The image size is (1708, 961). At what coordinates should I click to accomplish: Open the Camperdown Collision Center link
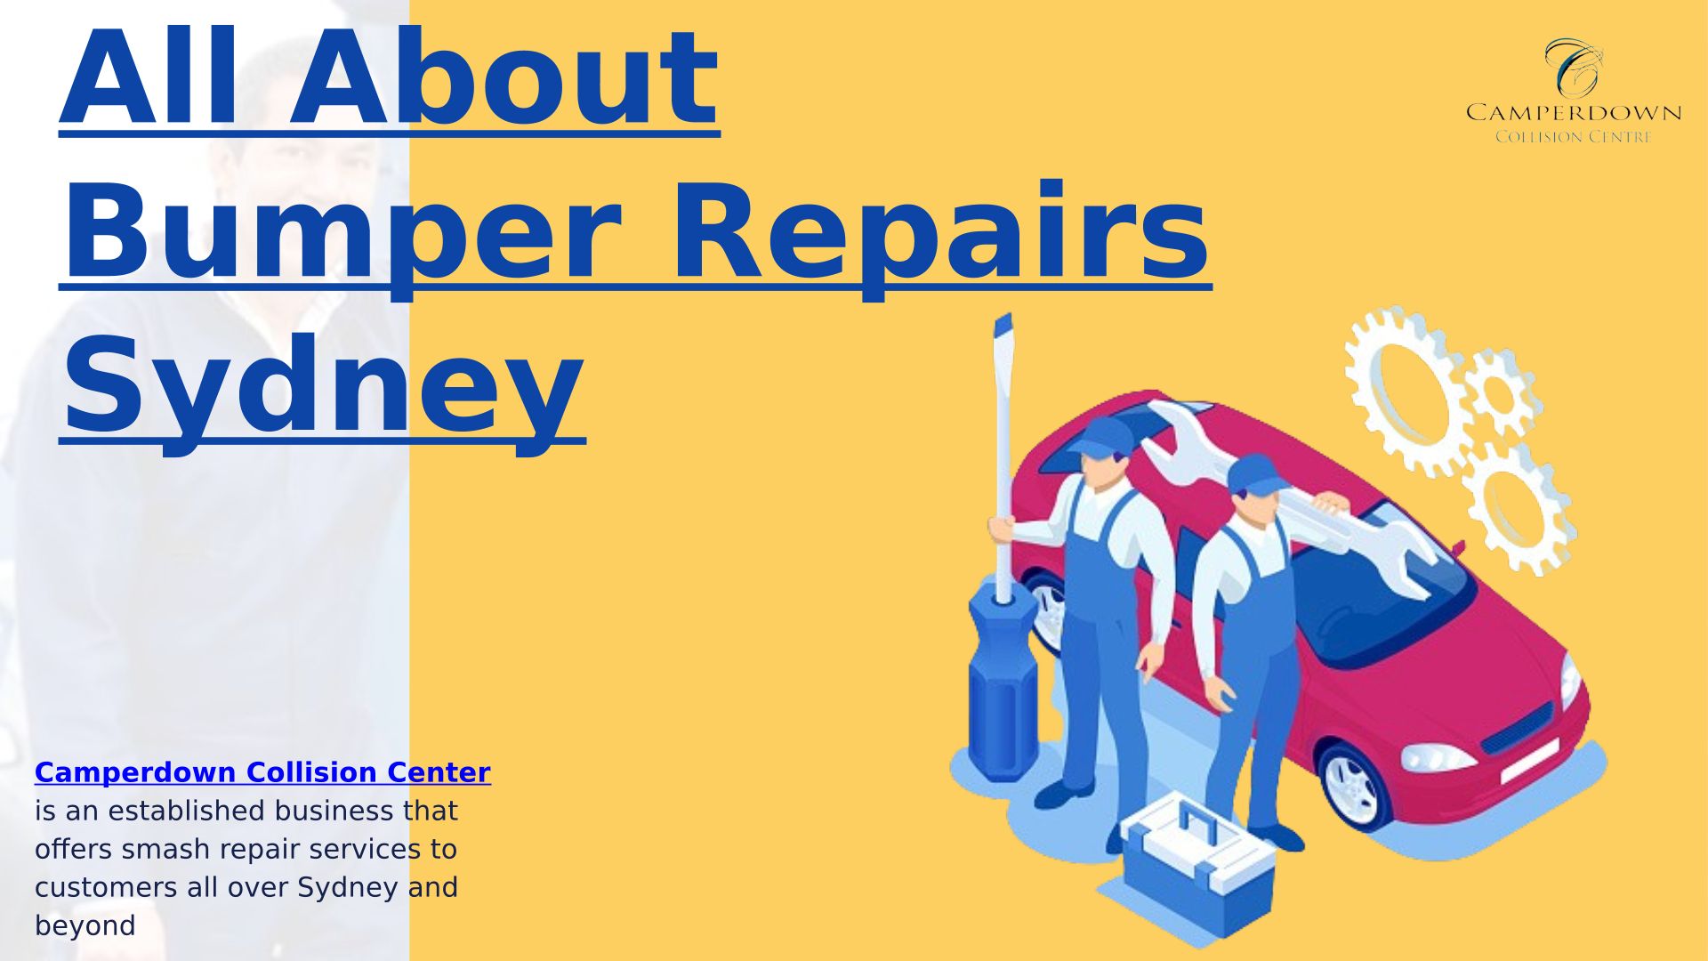pyautogui.click(x=262, y=771)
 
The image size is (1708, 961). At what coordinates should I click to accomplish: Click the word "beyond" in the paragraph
pyautogui.click(x=85, y=925)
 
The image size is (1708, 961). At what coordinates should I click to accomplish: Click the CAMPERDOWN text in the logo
pyautogui.click(x=1574, y=113)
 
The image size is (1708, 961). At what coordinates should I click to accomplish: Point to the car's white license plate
pyautogui.click(x=1530, y=762)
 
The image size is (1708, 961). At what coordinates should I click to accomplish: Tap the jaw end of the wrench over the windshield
pyautogui.click(x=1414, y=556)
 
